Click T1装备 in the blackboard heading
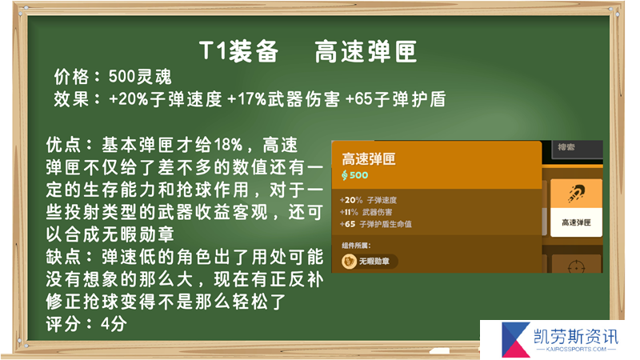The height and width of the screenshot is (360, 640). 238,52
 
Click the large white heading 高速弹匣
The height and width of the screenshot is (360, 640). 366,52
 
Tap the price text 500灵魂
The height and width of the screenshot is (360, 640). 140,77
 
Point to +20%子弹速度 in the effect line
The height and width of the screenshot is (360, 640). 166,99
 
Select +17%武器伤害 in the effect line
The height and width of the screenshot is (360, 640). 283,99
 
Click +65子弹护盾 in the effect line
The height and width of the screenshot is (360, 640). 395,99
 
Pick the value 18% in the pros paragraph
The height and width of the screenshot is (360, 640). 228,145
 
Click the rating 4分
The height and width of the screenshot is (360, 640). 114,325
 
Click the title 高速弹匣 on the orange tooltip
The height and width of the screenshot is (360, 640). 369,158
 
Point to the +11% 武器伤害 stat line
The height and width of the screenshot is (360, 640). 366,212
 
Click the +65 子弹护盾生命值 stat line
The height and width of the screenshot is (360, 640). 375,224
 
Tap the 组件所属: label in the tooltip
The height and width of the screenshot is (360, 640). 356,246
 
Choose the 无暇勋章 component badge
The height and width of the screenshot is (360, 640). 370,262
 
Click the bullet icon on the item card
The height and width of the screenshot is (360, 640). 576,194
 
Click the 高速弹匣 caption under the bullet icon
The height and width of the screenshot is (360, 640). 576,222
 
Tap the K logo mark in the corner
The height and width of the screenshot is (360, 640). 516,339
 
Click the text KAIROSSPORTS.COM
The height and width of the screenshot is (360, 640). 576,350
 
